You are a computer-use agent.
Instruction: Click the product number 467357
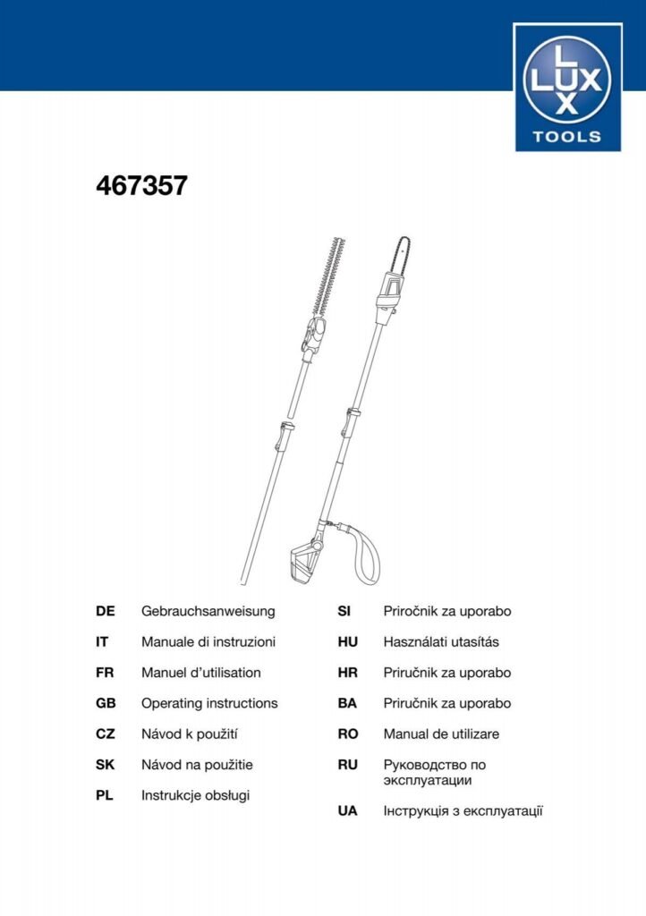141,186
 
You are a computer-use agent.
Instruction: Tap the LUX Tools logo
567,88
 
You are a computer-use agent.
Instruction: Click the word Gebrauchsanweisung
208,612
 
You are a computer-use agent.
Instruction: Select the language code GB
106,703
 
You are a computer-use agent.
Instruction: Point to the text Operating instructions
209,703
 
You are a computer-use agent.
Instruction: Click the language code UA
347,811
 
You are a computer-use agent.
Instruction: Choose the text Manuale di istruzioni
208,642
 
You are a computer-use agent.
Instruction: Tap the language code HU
347,642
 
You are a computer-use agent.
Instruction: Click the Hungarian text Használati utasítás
441,642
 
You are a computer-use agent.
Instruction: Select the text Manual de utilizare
441,734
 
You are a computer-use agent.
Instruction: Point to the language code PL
105,794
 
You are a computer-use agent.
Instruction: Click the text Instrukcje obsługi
195,794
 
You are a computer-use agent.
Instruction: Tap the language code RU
347,765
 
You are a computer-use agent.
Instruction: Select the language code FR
105,673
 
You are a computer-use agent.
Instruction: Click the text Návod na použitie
197,765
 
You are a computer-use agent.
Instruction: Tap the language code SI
344,612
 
